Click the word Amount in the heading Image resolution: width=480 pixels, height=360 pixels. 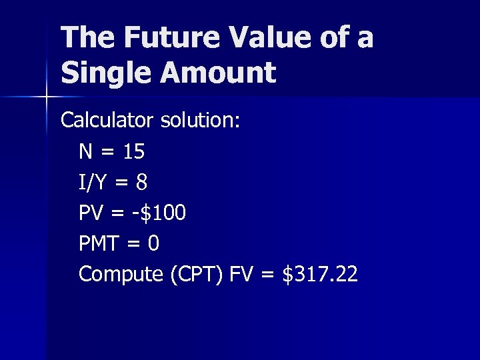point(215,72)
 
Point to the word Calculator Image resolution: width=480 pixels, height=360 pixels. point(107,121)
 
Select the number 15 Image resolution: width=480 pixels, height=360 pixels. point(133,151)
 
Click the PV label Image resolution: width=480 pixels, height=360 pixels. point(91,213)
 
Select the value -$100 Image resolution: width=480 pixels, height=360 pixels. point(159,213)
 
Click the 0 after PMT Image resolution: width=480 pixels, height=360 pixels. point(153,243)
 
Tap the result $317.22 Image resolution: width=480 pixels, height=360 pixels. point(320,274)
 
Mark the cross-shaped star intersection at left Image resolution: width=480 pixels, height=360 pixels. point(46,97)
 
